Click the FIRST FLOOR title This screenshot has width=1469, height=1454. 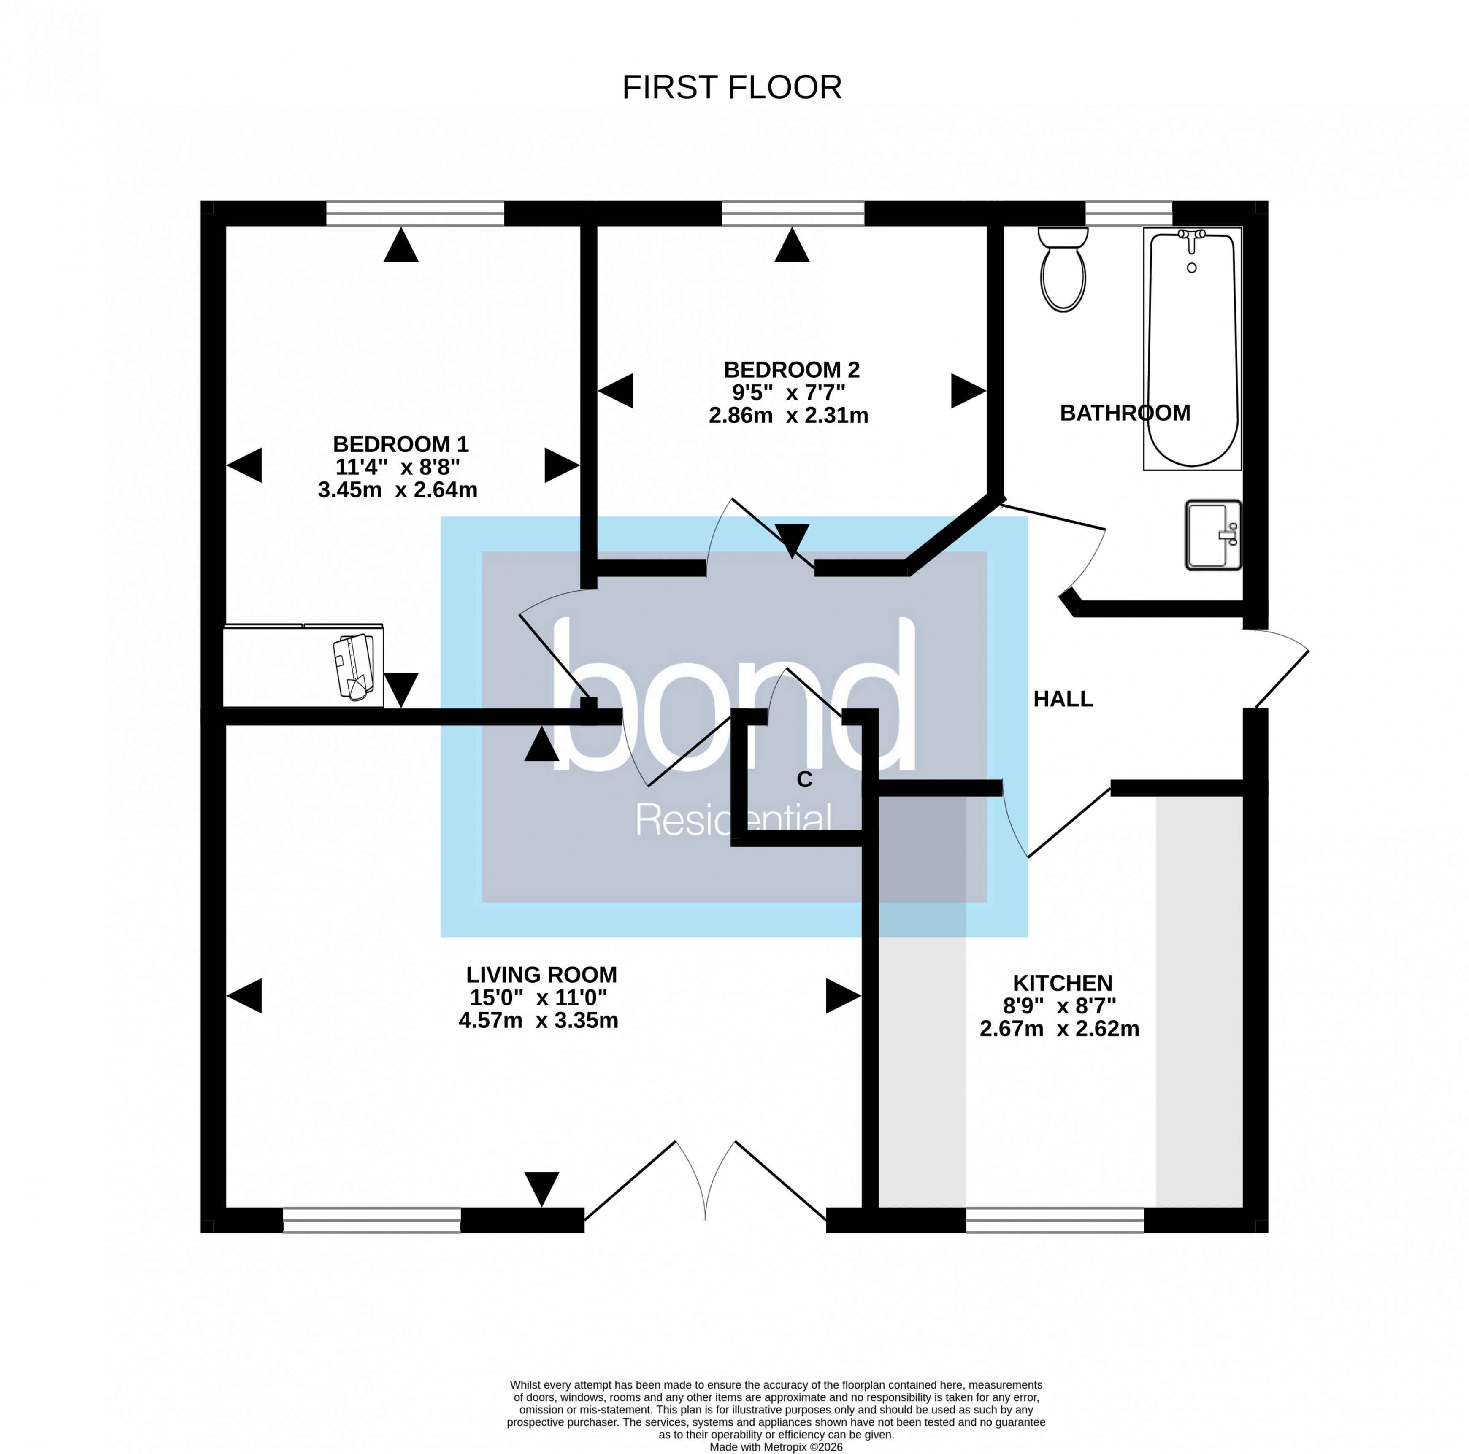731,87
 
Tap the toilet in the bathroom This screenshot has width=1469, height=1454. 1063,270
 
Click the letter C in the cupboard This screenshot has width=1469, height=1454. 804,779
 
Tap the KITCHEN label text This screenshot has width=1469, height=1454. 1062,983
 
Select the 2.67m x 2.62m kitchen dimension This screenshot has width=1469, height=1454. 1059,1029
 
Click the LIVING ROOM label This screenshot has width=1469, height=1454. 541,974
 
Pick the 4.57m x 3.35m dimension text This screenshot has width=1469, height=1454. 538,1020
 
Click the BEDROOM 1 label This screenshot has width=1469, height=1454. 401,444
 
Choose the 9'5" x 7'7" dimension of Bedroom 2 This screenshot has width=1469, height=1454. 788,392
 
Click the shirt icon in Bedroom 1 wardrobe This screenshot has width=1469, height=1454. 354,667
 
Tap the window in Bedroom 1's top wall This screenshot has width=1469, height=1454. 415,214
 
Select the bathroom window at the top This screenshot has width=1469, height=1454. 1128,214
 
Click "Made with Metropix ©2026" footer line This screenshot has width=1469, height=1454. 776,1447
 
